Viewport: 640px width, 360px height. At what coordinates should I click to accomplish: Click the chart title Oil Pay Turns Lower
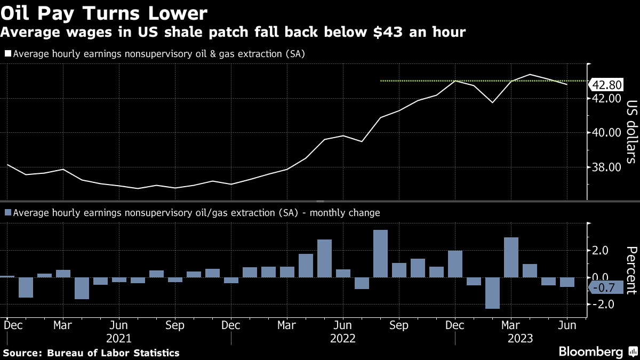click(x=105, y=12)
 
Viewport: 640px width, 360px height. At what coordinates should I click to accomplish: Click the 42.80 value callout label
click(x=607, y=85)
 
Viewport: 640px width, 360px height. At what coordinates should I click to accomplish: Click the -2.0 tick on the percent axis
click(x=599, y=304)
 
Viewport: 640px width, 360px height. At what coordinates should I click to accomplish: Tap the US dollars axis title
click(x=631, y=131)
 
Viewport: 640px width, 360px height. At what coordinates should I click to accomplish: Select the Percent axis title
click(x=631, y=270)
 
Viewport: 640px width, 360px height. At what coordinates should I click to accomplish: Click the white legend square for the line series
click(x=7, y=54)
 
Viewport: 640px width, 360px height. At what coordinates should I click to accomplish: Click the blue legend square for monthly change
click(x=7, y=213)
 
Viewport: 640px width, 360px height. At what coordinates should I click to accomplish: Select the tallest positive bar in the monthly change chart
click(x=380, y=253)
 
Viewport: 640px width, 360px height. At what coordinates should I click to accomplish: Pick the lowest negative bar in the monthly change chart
click(x=492, y=293)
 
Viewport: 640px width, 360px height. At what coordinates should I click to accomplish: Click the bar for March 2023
click(x=511, y=257)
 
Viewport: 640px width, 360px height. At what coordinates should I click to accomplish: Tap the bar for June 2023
click(x=567, y=282)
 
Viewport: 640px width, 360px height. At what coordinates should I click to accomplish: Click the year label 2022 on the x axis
click(x=343, y=338)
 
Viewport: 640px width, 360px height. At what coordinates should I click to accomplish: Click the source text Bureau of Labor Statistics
click(x=113, y=353)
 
